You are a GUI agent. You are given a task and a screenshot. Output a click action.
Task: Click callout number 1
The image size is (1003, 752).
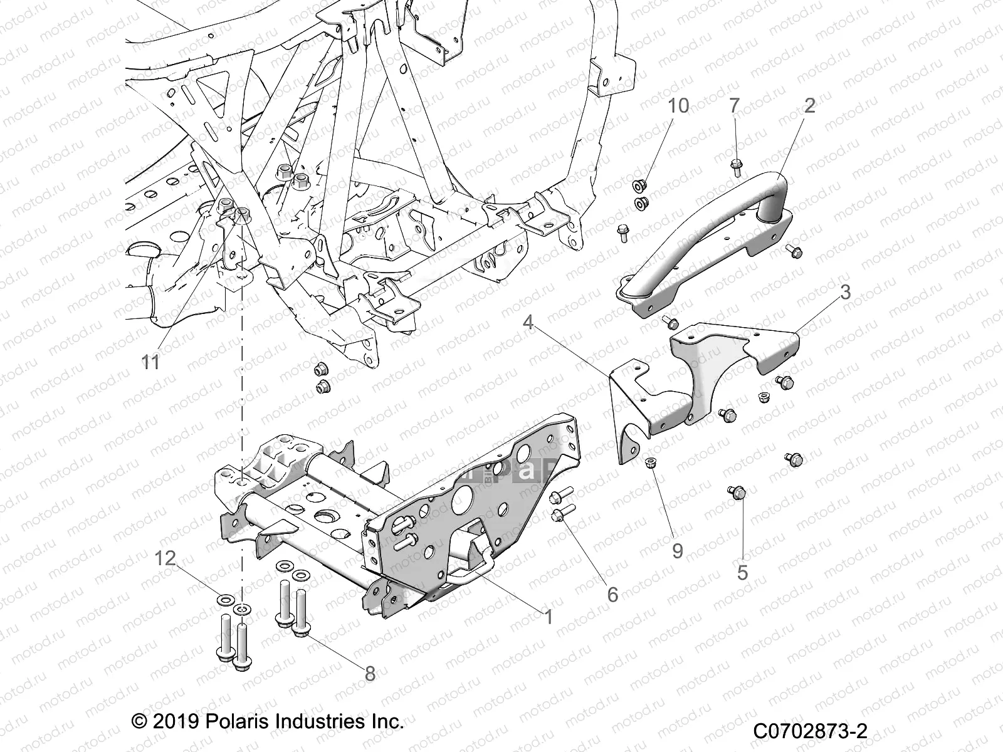[x=549, y=617]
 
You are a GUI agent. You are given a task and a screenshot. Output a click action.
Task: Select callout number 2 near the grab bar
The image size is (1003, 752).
[x=809, y=106]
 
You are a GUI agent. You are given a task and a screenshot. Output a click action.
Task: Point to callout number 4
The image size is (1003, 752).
[x=528, y=323]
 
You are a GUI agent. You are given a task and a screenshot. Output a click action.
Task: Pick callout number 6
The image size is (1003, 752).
[x=612, y=593]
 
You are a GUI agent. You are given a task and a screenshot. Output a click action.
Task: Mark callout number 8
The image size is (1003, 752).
[x=370, y=674]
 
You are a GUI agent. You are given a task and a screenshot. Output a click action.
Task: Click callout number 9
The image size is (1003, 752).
[x=678, y=550]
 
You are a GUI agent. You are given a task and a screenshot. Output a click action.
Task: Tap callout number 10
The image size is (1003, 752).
[x=678, y=106]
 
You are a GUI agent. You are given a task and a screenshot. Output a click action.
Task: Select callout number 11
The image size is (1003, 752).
[x=150, y=362]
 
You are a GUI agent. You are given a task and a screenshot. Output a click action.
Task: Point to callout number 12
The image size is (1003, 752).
[x=165, y=558]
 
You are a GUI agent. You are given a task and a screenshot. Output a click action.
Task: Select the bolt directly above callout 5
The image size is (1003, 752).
[x=736, y=493]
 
